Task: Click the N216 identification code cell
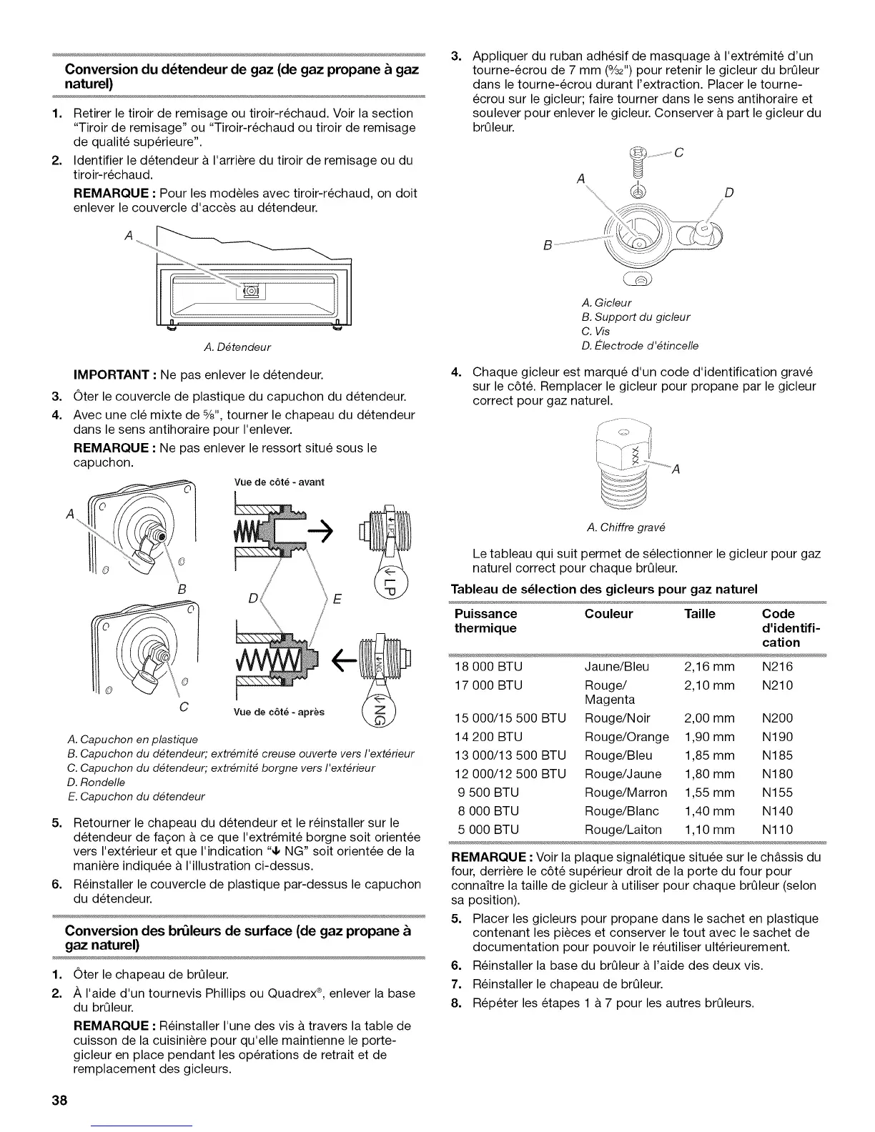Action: tap(777, 667)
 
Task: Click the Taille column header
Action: tap(699, 614)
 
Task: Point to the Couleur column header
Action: tap(608, 614)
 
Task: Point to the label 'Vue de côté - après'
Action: tap(280, 713)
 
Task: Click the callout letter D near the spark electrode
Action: tap(728, 192)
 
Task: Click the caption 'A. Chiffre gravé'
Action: tap(626, 527)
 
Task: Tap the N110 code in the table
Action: tap(777, 830)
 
